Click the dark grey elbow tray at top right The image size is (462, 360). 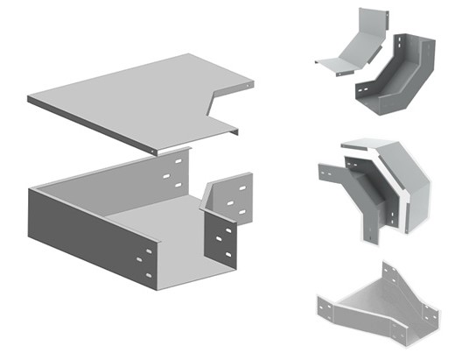point(398,74)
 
